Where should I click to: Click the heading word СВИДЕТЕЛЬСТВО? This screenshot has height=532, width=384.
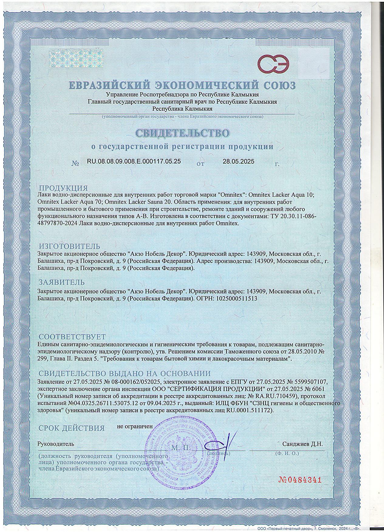tap(182, 133)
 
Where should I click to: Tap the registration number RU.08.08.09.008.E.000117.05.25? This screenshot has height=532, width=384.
tap(134, 162)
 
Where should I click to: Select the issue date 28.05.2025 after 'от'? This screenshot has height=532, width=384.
tap(239, 162)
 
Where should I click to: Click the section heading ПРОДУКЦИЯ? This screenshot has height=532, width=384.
tap(63, 188)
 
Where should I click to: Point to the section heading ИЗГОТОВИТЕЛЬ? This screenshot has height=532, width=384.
tap(70, 246)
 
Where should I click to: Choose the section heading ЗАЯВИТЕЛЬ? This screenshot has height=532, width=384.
tap(62, 282)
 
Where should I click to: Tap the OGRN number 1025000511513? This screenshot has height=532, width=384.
tap(236, 298)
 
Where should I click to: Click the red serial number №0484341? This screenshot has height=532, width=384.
tap(298, 480)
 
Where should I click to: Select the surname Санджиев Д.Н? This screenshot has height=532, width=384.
tap(302, 444)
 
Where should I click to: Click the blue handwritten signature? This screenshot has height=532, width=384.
tap(217, 445)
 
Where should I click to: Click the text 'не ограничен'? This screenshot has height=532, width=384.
tap(135, 426)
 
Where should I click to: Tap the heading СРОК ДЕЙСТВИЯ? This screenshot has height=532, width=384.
tap(72, 428)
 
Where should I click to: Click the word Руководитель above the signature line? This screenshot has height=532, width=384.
tap(56, 444)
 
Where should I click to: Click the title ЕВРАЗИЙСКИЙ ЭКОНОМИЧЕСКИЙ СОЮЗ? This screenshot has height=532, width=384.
tap(182, 85)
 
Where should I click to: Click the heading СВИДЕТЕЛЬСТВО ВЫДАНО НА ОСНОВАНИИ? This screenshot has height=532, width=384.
tap(124, 373)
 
